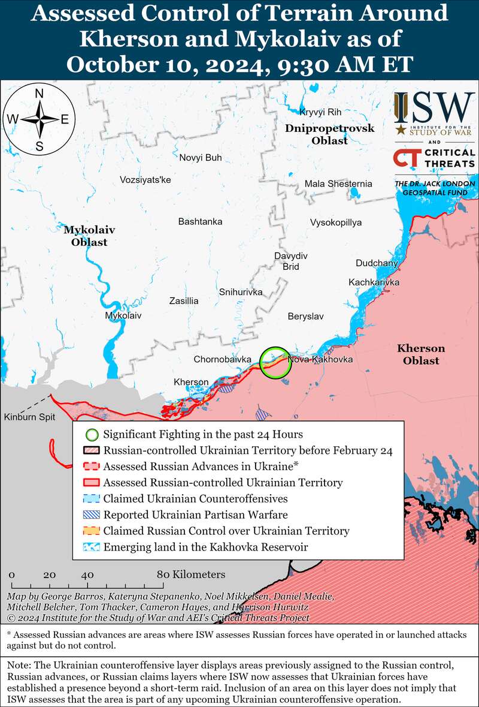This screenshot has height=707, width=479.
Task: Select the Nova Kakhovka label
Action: (320, 359)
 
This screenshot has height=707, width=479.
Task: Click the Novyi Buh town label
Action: (201, 158)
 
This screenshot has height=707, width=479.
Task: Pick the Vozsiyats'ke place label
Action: (145, 179)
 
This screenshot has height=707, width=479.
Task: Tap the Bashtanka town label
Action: (200, 221)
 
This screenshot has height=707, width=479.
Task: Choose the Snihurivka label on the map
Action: (241, 292)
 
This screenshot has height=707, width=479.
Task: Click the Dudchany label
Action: (376, 263)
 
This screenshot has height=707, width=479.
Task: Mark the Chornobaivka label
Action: (222, 359)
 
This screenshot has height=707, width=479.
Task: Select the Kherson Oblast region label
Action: (421, 354)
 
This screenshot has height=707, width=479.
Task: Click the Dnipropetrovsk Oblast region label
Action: (329, 134)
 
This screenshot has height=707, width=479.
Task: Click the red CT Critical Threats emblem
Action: (405, 158)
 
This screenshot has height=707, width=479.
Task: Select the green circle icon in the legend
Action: (90, 434)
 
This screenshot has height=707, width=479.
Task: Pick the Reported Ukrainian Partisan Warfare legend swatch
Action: (90, 515)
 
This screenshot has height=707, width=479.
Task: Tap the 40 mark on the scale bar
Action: (87, 574)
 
